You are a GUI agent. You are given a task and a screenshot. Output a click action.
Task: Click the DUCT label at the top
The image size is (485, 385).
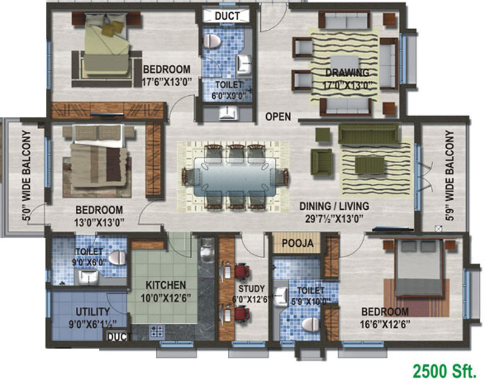coord(222,16)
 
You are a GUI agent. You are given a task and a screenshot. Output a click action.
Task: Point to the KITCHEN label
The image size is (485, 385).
coord(166,285)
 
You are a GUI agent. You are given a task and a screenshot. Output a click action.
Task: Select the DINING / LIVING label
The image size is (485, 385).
coord(334,206)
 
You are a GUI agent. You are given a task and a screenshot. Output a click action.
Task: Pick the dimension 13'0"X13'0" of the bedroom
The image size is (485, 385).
coord(99,221)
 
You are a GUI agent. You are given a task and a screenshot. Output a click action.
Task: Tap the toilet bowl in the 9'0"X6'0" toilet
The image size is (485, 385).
coord(118,258)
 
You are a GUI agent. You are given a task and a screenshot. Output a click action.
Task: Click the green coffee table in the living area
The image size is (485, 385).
coord(369,164)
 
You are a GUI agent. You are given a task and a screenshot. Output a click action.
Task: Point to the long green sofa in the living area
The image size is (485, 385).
coord(369,133)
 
